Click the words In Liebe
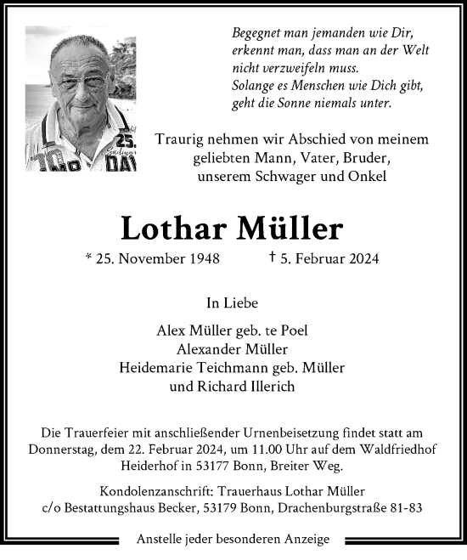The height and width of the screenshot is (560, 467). (x=233, y=303)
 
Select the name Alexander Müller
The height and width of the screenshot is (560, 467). (x=233, y=348)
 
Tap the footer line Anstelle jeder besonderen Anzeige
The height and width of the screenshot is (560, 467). (x=233, y=540)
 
